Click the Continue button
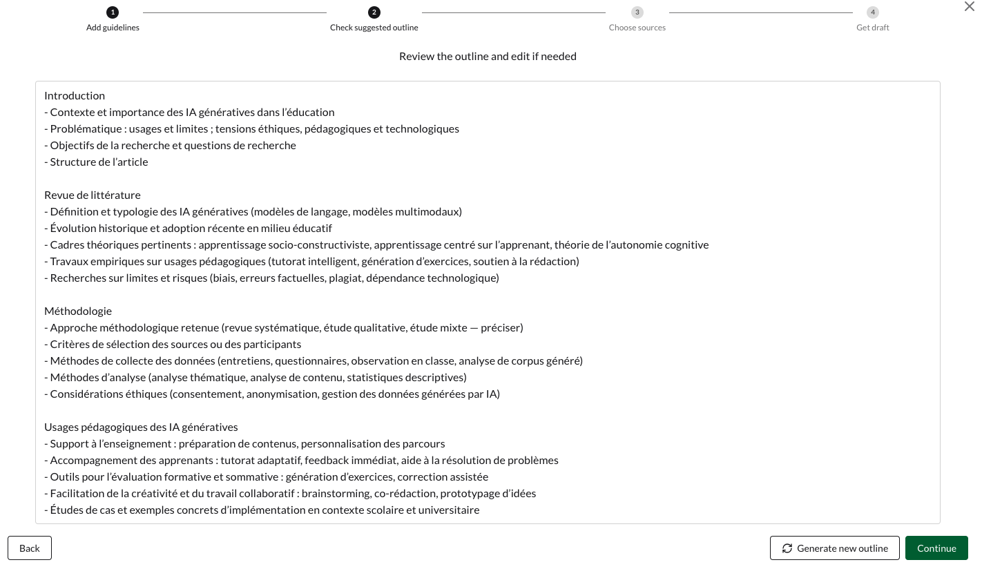point(936,548)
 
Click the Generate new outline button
point(834,548)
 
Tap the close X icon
point(970,6)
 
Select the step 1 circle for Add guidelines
point(113,12)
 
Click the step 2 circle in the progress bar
point(374,12)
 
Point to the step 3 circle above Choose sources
point(637,12)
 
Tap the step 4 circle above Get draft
point(873,12)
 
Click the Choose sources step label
point(637,28)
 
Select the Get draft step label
point(873,28)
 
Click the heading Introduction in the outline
point(75,95)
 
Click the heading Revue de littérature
point(93,195)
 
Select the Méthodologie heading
point(78,311)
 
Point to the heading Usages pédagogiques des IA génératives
point(141,427)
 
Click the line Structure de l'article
point(99,162)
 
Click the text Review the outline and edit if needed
point(488,56)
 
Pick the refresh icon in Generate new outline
point(787,548)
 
